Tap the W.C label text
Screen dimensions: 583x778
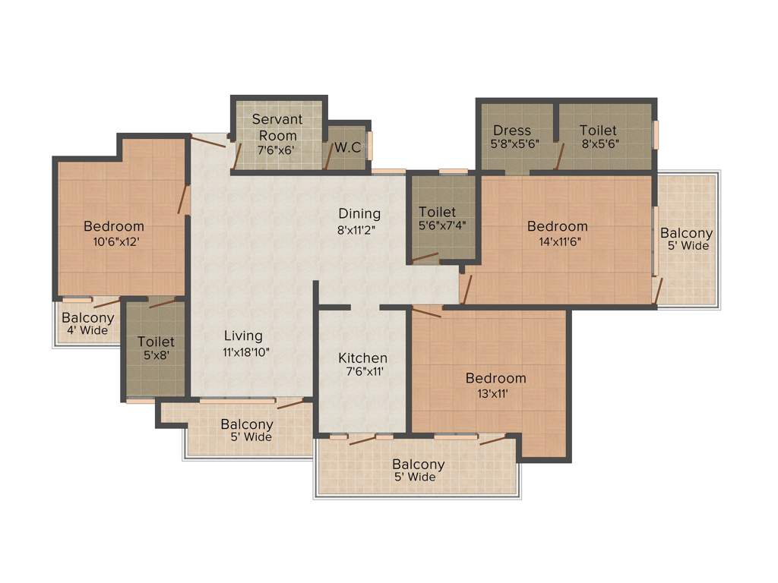point(347,147)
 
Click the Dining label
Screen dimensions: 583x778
point(359,213)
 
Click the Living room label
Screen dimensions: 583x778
point(243,336)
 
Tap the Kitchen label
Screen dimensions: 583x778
point(363,358)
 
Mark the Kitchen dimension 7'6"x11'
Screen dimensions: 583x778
point(363,373)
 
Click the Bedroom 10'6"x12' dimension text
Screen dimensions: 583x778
point(114,241)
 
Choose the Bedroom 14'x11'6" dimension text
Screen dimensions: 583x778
point(557,241)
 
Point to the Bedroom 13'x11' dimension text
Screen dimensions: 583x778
point(495,393)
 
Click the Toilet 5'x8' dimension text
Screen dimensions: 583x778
point(156,357)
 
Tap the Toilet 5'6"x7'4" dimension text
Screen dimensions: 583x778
point(438,226)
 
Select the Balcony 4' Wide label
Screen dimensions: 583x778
point(88,324)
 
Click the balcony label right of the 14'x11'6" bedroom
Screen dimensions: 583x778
point(686,239)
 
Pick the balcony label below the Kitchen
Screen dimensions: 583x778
point(419,471)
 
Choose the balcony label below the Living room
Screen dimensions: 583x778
point(247,430)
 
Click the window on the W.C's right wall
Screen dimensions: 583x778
point(370,145)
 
